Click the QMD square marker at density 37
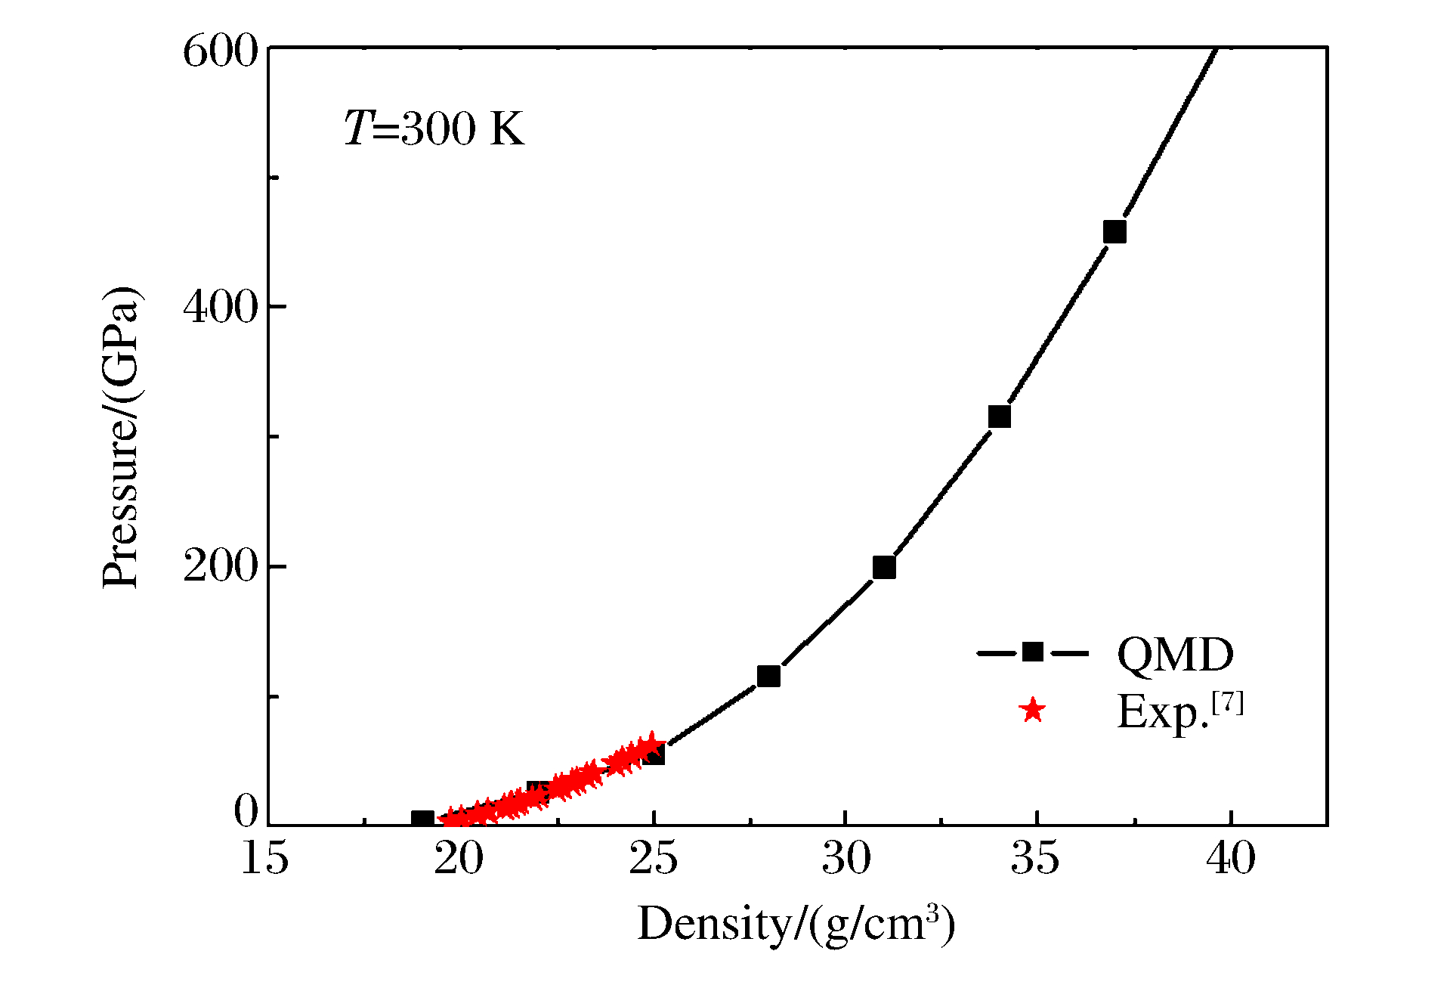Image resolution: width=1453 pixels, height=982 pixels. coord(1114,232)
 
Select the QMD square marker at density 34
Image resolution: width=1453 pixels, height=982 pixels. coord(999,417)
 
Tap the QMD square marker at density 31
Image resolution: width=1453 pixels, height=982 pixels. coord(884,567)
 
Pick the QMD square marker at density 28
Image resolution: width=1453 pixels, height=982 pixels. coord(768,676)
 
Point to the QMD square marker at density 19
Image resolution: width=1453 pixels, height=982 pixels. coord(422,819)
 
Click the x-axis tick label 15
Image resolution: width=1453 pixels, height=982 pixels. coord(264,859)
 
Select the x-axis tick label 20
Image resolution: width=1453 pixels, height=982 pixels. coord(459,859)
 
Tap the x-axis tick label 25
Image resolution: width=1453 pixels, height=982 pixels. coord(653,859)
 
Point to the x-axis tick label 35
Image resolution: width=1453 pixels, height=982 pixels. coord(1036,859)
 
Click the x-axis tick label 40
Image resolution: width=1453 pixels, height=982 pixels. coord(1231,859)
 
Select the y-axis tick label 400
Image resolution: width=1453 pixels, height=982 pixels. coord(221,307)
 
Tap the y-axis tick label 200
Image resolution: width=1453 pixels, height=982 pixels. coord(221,567)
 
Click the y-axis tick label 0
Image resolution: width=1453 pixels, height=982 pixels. coord(246,811)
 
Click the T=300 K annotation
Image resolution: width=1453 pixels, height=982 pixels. coord(434,129)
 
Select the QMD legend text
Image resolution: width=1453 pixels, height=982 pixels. coord(1175,654)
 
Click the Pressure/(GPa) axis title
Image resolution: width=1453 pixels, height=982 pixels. coord(121,437)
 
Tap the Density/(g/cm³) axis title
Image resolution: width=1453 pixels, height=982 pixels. coord(796,924)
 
